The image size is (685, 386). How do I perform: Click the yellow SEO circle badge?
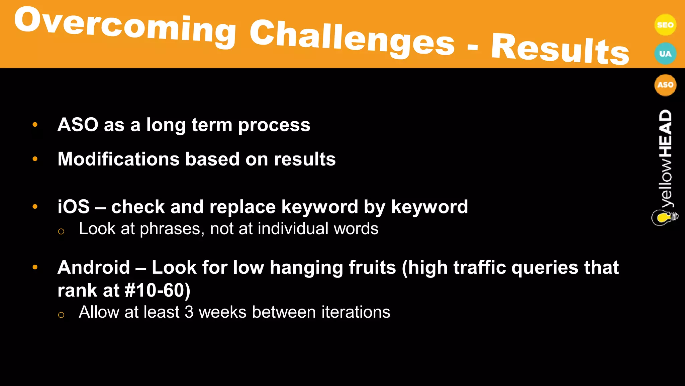point(665,25)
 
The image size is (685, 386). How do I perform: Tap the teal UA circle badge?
point(665,54)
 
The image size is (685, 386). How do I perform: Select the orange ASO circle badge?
point(665,85)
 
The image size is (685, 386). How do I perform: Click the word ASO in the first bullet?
point(78,125)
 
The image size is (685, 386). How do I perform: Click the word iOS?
point(74,207)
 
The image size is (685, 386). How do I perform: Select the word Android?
point(94,268)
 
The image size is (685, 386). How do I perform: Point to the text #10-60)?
point(157,290)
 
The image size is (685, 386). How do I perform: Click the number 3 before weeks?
point(189,312)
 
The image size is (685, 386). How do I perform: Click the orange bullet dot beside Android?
point(35,267)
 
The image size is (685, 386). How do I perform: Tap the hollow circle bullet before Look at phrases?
point(61,231)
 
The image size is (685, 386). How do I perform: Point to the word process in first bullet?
point(274,125)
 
